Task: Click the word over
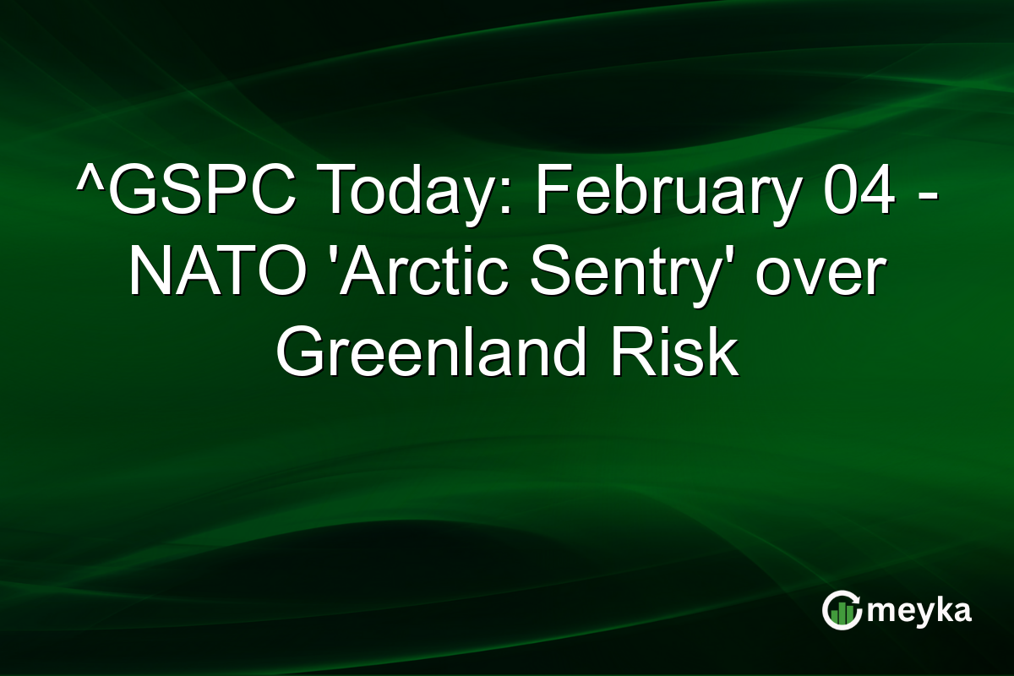click(x=820, y=273)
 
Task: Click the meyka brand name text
click(x=919, y=611)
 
